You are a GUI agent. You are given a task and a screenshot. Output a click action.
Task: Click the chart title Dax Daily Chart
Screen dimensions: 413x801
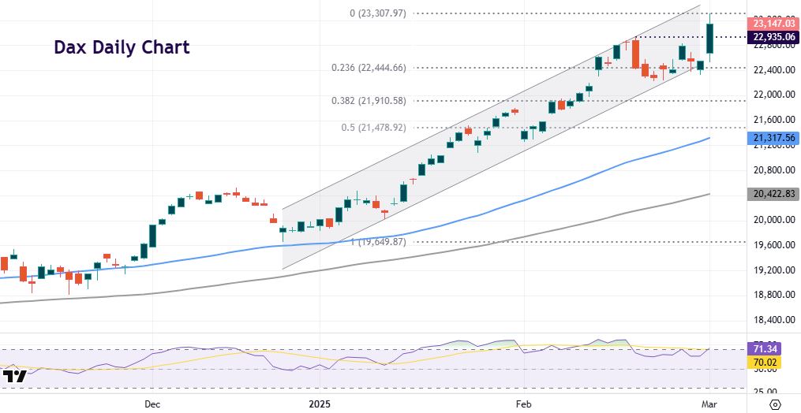(122, 47)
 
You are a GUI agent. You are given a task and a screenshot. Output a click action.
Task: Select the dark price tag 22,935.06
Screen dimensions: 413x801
(772, 38)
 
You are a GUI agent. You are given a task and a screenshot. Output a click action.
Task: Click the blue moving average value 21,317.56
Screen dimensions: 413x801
(772, 139)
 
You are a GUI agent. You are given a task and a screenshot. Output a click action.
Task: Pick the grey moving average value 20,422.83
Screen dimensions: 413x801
(772, 194)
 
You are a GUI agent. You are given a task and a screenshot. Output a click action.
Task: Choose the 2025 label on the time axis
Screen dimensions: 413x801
(320, 404)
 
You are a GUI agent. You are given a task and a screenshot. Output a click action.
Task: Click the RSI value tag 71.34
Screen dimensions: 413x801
(766, 348)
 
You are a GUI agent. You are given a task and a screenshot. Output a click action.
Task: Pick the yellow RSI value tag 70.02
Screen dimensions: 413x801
(766, 361)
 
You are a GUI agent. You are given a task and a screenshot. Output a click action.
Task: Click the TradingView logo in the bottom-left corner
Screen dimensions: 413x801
(15, 377)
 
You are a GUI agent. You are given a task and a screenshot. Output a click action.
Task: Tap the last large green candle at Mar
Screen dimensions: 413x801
(711, 42)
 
